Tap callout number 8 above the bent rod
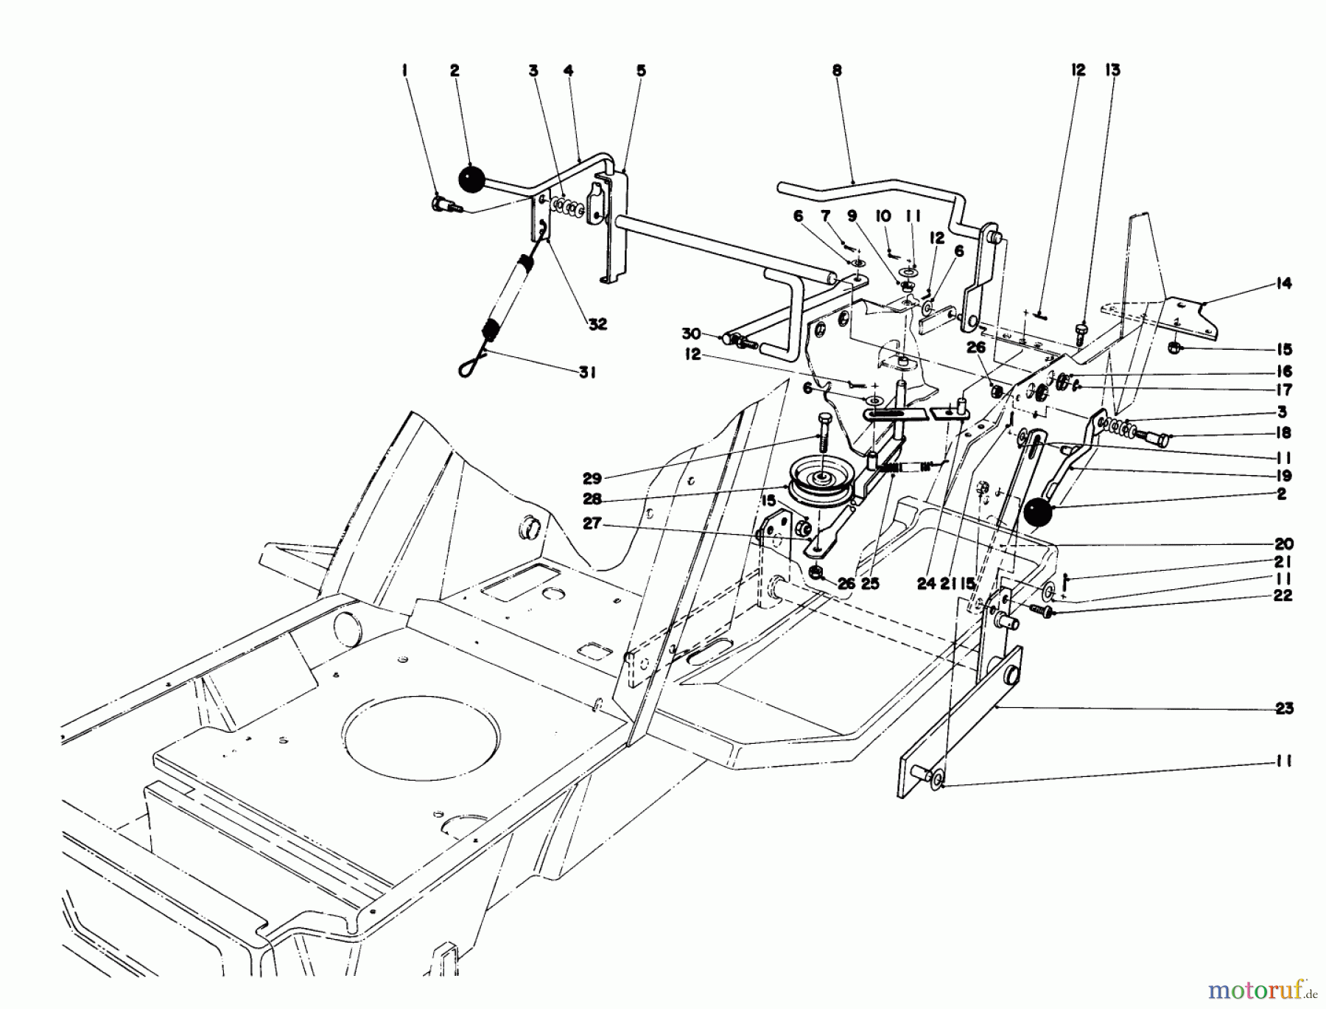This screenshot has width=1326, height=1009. click(836, 71)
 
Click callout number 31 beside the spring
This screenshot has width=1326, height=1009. click(586, 373)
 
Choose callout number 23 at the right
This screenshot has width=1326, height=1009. click(1284, 709)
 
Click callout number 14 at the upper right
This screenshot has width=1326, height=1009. click(1284, 284)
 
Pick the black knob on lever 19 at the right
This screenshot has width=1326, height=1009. click(1036, 513)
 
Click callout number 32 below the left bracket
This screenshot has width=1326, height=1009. click(597, 324)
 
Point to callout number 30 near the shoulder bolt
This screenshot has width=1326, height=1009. click(690, 334)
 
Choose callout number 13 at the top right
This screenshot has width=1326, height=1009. click(1112, 71)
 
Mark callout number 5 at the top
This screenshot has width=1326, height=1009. click(641, 71)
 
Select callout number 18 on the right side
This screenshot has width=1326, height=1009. click(1283, 432)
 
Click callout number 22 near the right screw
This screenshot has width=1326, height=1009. click(1283, 596)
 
